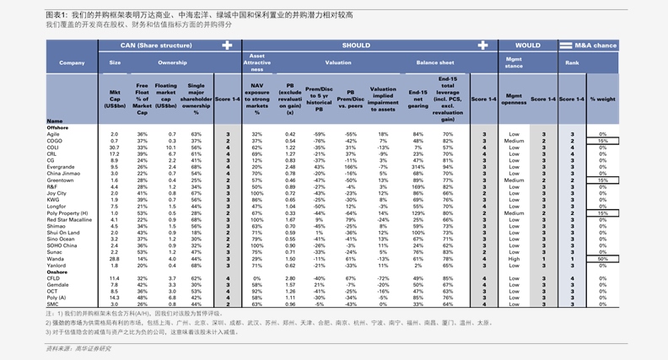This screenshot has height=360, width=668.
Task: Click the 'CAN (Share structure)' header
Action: click(155, 46)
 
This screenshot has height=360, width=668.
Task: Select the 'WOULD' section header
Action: click(527, 46)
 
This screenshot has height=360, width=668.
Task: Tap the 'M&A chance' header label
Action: click(595, 46)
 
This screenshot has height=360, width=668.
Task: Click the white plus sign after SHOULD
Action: click(482, 46)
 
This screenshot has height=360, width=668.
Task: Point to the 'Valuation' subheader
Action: click(338, 62)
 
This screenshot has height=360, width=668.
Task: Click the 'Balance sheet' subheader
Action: click(434, 62)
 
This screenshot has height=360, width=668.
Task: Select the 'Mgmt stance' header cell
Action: click(514, 62)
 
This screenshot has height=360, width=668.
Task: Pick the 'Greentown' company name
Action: click(60, 180)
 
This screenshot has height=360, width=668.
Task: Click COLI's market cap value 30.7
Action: click(115, 148)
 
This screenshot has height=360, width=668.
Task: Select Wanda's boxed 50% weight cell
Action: click(602, 258)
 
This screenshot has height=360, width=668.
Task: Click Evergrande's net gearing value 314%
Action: click(417, 167)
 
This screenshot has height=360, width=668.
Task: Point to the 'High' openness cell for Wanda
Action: click(514, 258)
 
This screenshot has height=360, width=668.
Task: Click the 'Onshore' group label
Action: click(57, 271)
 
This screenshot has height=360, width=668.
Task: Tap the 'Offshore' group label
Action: click(57, 127)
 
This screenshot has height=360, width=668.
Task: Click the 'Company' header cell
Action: click(72, 62)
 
